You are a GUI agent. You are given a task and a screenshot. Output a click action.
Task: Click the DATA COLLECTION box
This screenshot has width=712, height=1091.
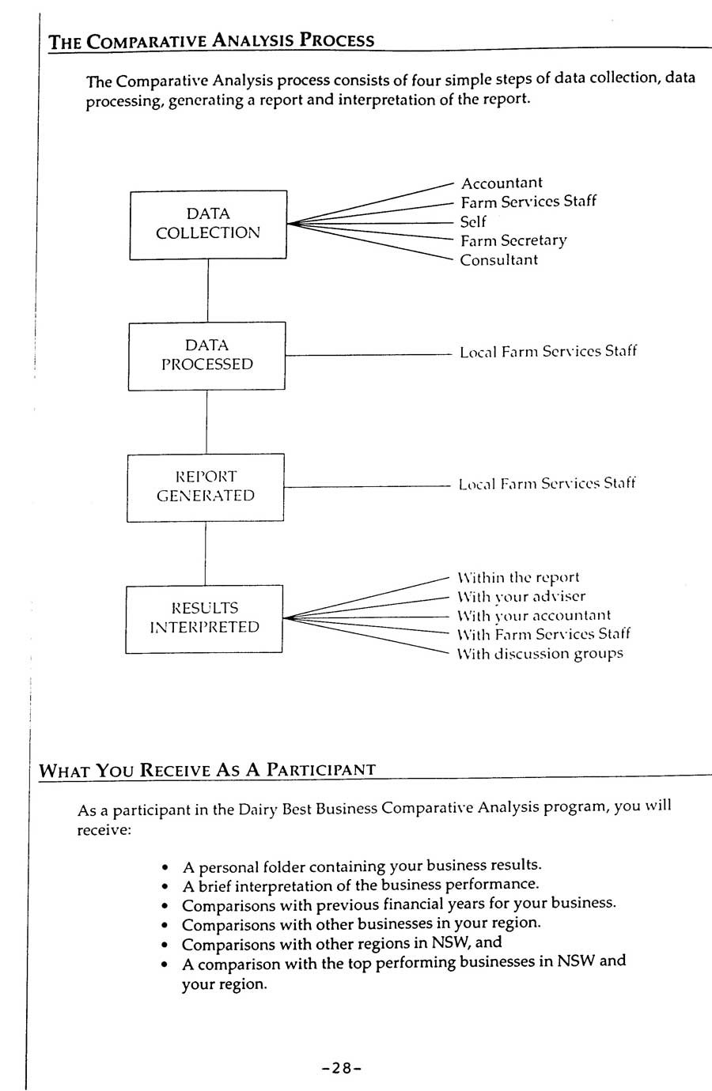208,224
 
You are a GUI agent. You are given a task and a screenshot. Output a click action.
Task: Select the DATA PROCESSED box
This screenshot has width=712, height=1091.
207,356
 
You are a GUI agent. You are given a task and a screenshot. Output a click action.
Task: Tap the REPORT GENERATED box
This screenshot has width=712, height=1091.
206,487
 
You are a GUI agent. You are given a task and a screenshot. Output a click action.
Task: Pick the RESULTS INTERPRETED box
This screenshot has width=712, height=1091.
204,618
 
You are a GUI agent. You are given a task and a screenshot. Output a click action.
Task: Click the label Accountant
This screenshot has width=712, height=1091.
502,183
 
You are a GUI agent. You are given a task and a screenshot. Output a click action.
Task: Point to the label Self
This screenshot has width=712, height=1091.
473,222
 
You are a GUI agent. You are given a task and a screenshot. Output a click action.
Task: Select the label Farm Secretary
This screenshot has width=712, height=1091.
513,241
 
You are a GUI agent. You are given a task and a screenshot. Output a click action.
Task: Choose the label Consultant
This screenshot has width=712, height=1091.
499,260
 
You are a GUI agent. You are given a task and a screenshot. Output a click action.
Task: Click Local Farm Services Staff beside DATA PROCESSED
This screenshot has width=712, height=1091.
548,352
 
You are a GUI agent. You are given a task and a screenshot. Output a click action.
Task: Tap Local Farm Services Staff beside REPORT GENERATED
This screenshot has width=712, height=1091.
547,484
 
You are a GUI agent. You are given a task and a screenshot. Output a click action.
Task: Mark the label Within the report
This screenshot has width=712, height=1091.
518,578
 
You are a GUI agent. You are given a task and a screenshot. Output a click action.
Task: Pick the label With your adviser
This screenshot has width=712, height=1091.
521,597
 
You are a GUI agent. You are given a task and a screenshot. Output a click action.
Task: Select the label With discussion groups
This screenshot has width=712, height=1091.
540,654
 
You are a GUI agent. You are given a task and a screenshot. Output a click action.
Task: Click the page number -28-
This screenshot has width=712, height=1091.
342,1068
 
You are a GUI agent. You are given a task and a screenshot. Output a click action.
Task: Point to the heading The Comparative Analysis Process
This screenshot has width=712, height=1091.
211,41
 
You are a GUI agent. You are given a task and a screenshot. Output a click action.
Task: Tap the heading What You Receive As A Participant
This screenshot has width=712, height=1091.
207,770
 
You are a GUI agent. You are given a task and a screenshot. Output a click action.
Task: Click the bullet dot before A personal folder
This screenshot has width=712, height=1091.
165,867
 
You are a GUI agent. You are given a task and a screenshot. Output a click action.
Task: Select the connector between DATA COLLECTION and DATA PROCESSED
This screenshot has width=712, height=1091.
208,290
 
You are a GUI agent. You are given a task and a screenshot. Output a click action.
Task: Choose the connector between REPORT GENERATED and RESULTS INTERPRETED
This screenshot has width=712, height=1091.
206,553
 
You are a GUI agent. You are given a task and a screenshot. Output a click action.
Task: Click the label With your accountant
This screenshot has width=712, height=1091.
534,616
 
